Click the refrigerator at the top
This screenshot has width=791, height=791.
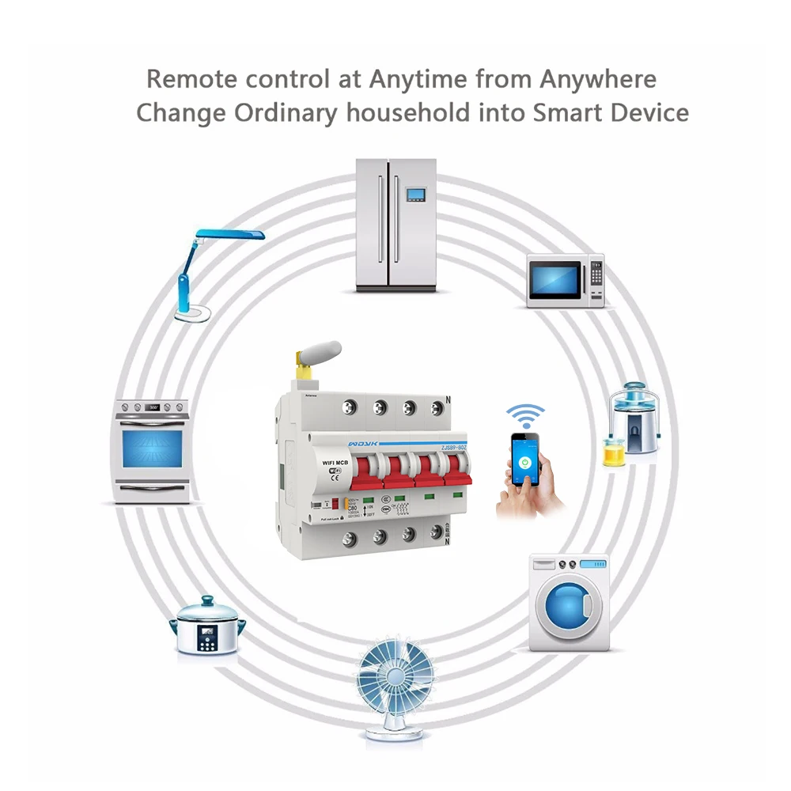(x=395, y=225)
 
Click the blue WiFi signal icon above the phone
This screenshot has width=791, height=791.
(x=526, y=416)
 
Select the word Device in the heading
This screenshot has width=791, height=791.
(x=649, y=112)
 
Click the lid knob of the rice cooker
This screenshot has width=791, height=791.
(x=207, y=601)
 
